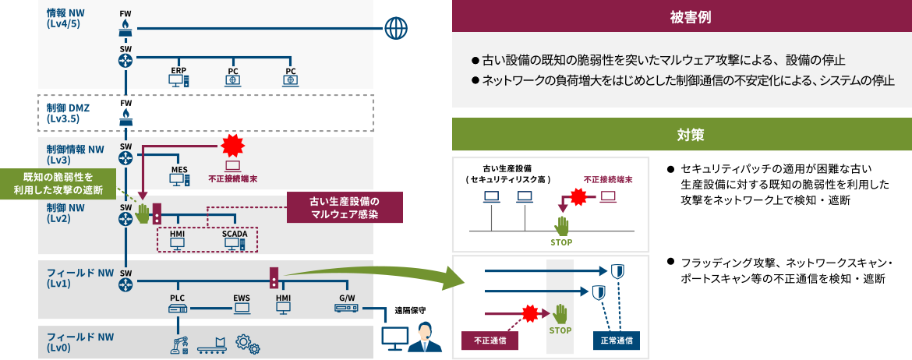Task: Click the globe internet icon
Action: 397,30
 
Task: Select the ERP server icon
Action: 180,79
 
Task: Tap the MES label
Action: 179,168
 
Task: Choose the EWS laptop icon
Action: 242,309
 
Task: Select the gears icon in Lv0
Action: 247,344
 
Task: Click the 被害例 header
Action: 681,16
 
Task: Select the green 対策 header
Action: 681,135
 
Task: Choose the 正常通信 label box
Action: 616,341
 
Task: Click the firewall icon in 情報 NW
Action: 125,29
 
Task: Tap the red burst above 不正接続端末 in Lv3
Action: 232,145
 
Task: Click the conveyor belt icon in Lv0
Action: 210,344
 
